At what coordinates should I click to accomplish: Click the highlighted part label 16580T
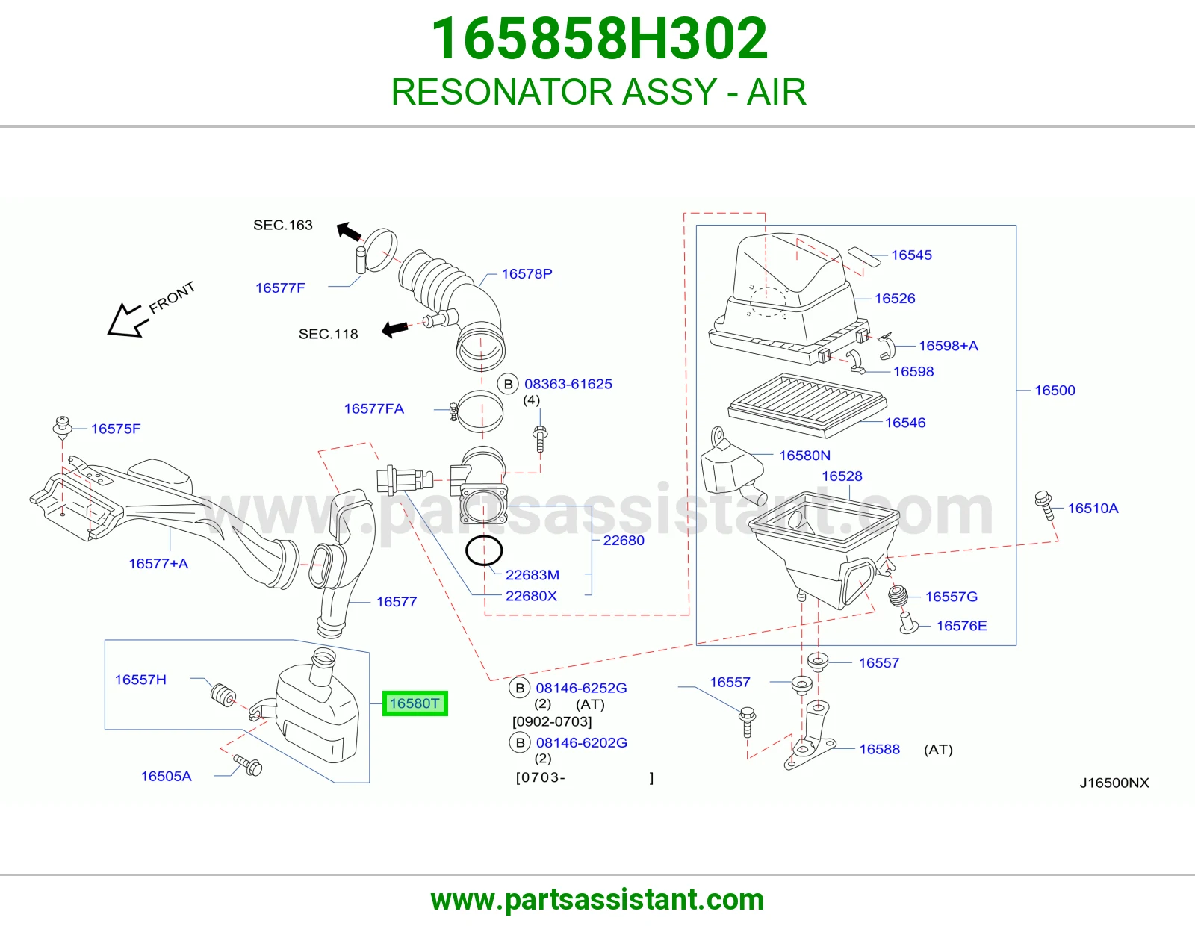[415, 703]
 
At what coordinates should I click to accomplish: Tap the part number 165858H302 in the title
[599, 39]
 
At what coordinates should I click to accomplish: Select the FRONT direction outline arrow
[128, 320]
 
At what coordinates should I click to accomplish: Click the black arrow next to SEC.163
[350, 231]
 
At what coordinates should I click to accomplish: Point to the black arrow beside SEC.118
[395, 329]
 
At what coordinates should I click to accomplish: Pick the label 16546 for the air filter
[904, 423]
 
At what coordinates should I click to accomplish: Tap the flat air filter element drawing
[807, 405]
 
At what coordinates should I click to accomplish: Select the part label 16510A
[1093, 508]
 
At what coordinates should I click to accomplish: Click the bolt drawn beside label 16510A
[1044, 505]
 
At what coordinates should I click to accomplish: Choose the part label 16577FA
[374, 408]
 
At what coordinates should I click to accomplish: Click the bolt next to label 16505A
[248, 765]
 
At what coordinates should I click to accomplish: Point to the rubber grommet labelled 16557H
[223, 694]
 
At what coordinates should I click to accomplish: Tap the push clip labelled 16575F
[63, 427]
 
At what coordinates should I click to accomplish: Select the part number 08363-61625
[568, 384]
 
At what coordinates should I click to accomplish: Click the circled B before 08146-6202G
[520, 743]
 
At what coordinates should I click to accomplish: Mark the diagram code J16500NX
[1114, 783]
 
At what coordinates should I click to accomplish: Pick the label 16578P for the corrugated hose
[527, 273]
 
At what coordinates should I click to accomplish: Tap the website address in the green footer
[597, 900]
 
